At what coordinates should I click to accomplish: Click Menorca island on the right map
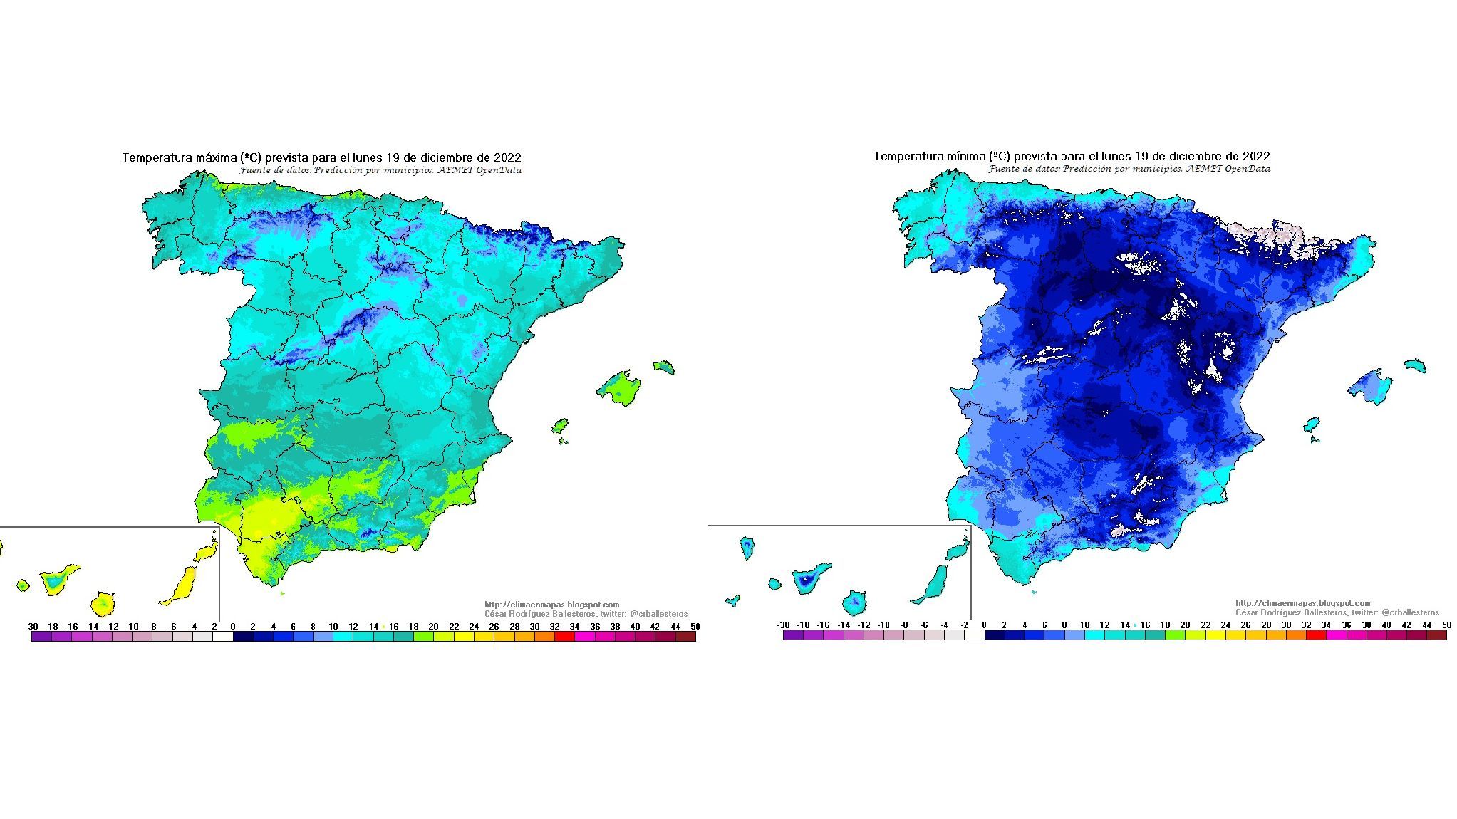1415,366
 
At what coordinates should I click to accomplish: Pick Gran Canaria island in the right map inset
856,602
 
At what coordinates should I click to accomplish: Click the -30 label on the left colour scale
32,627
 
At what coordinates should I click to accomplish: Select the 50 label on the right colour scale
1446,625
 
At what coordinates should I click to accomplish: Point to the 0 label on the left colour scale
233,627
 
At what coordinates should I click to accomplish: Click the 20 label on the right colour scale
1185,625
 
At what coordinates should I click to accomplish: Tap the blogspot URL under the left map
551,605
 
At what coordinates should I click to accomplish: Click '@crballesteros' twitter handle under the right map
1410,612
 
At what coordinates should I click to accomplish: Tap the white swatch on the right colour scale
974,635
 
